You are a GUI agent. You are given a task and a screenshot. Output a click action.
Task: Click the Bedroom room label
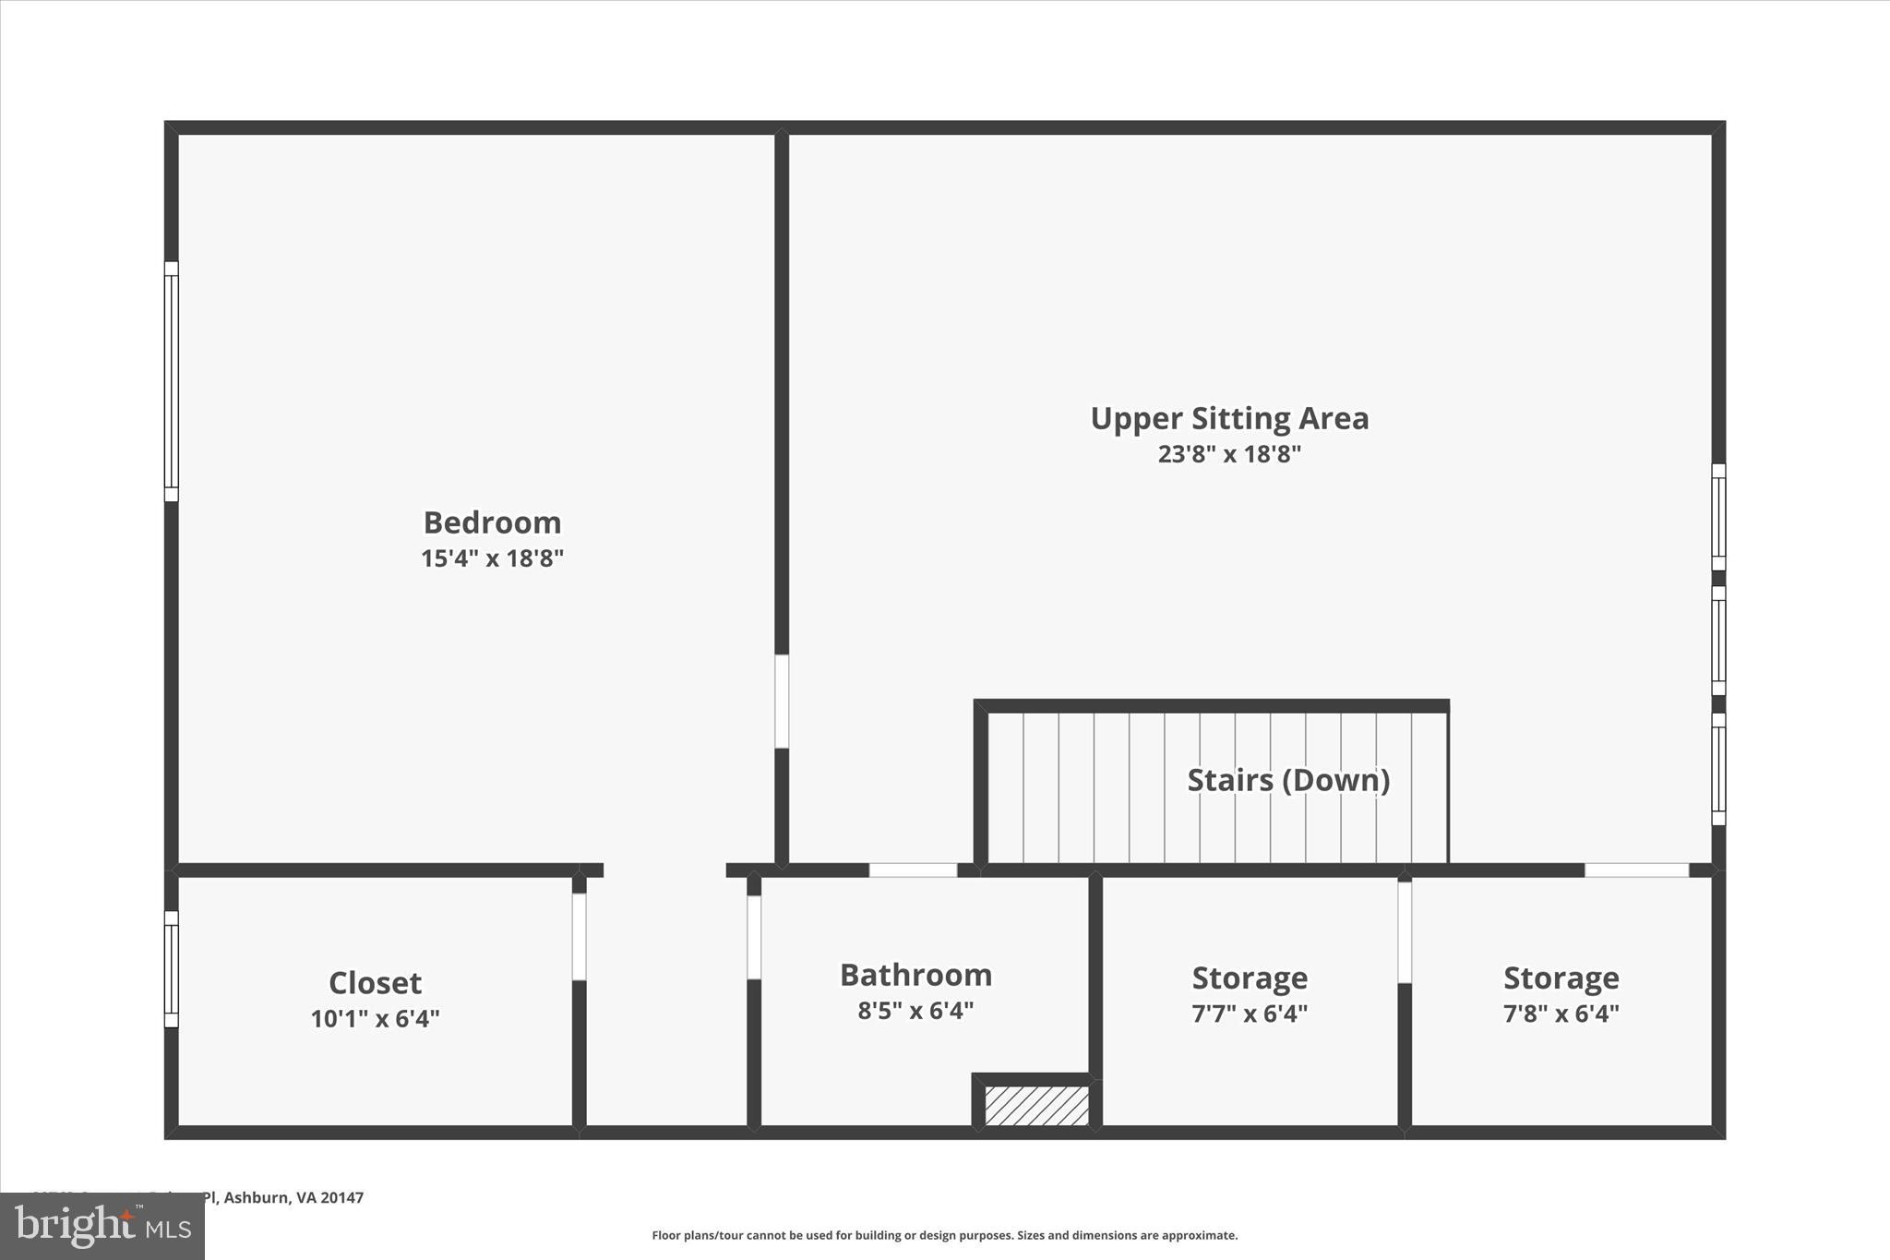tap(492, 522)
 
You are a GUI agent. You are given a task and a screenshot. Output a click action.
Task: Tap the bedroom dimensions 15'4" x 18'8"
tap(492, 558)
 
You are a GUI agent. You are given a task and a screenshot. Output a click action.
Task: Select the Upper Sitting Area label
tap(1229, 418)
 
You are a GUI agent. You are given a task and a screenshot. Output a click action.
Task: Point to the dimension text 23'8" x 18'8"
tap(1229, 454)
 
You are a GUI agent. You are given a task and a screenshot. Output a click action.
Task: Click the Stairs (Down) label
tap(1288, 780)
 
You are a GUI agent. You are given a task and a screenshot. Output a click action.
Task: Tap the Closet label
tap(375, 982)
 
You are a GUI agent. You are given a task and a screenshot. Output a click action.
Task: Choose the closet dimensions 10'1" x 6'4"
tap(375, 1018)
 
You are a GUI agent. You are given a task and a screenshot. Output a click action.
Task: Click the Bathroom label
tap(915, 975)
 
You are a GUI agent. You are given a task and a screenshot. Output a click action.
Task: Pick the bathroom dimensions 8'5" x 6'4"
tap(915, 1011)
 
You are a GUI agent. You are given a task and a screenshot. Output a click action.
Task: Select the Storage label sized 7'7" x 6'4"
tap(1250, 978)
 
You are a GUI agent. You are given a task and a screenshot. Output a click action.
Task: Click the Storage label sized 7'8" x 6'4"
tap(1561, 978)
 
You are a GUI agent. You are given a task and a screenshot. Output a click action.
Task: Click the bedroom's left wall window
tap(172, 381)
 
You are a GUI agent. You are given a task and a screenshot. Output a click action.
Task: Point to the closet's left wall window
tap(172, 968)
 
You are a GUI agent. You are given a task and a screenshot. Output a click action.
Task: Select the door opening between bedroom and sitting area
tap(782, 702)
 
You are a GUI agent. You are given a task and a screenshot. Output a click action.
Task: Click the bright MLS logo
tap(102, 1226)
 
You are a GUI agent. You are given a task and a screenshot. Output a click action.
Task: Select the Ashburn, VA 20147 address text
tap(293, 1197)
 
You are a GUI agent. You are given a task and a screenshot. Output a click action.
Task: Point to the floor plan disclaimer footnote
tap(944, 1235)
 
